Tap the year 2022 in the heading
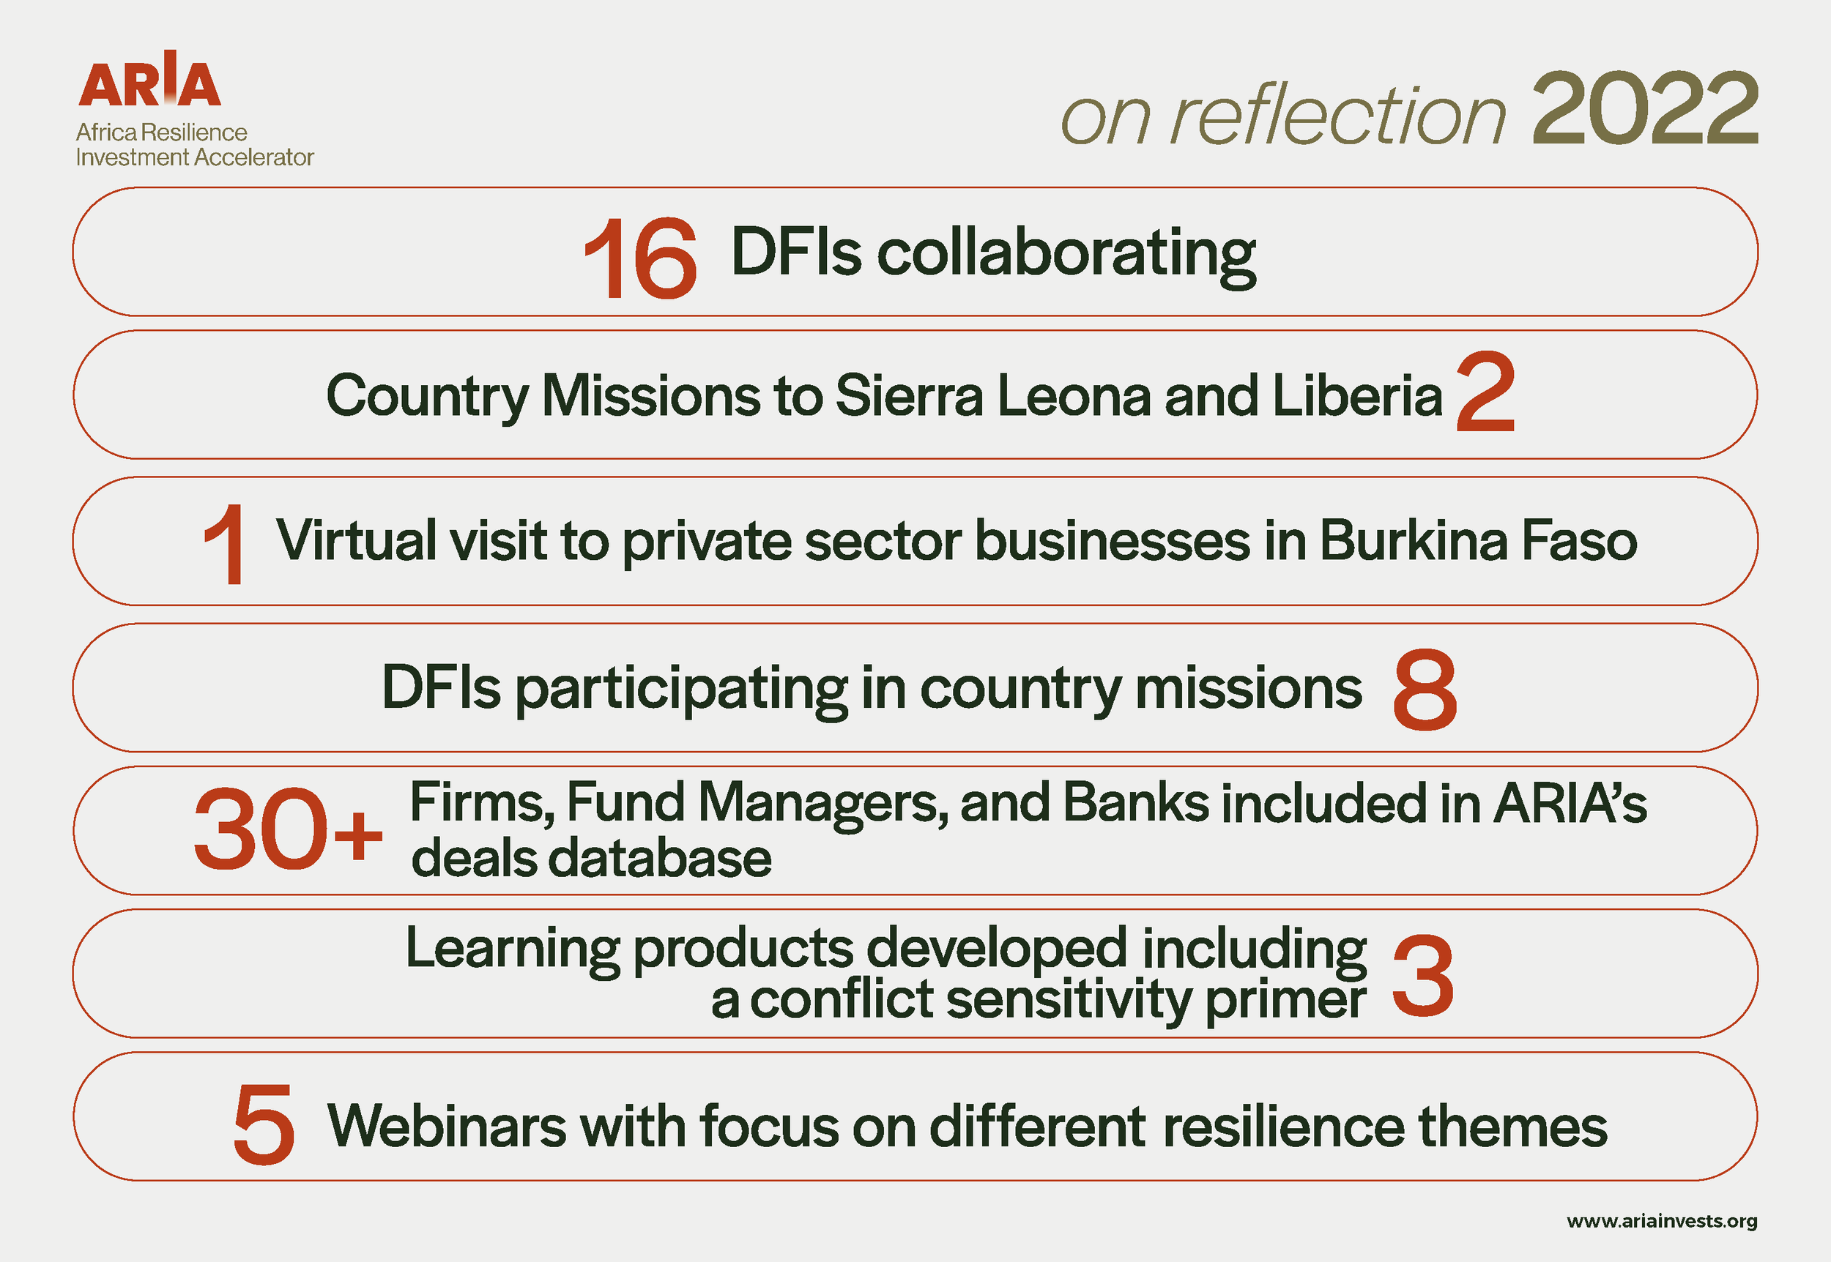(x=1645, y=109)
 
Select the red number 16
(x=640, y=258)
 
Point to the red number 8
(x=1425, y=690)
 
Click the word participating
(x=682, y=690)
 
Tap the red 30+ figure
(x=288, y=829)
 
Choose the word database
(x=658, y=859)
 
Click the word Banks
(x=1136, y=802)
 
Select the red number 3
(x=1422, y=976)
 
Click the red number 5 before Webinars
(x=264, y=1124)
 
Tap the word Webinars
(x=447, y=1125)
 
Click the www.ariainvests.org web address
(x=1662, y=1221)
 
